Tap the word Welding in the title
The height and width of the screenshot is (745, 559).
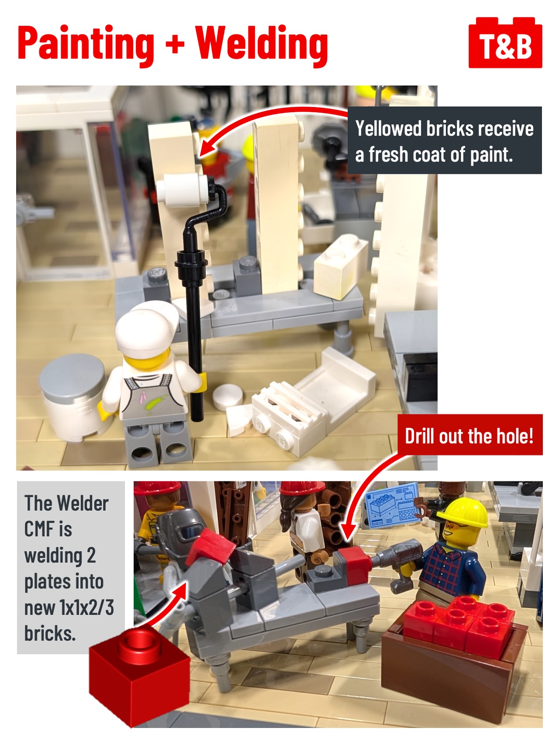[262, 44]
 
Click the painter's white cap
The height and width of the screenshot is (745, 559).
[146, 326]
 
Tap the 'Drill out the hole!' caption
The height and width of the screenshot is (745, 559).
[469, 436]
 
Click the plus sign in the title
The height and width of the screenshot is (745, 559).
[175, 44]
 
